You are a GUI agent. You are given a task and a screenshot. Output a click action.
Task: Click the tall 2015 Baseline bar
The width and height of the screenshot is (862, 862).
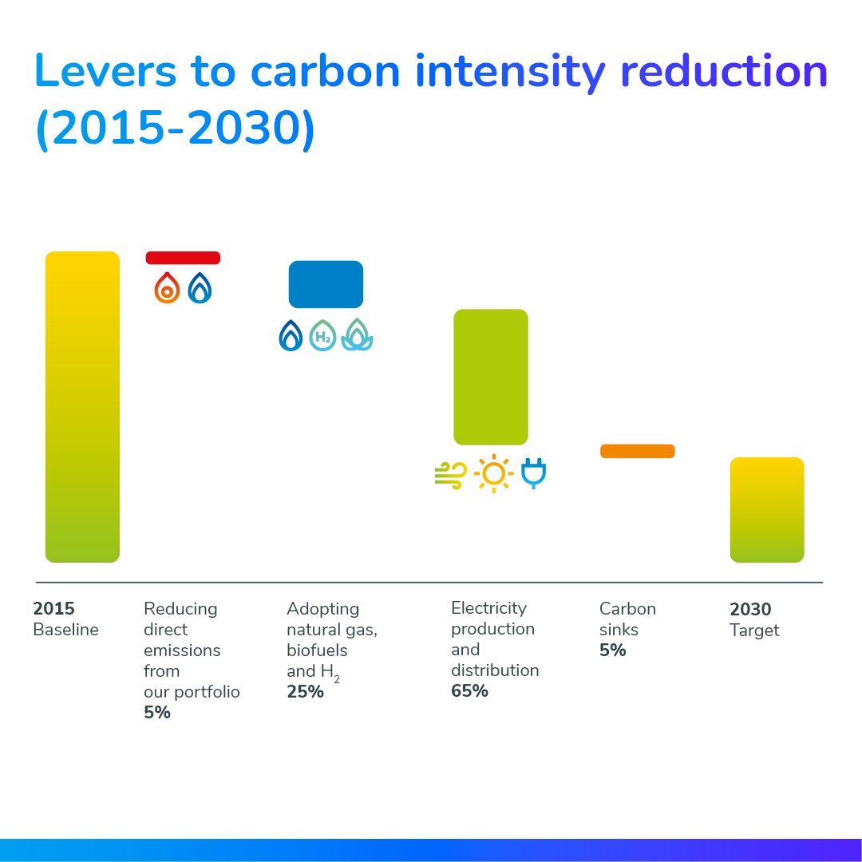click(82, 407)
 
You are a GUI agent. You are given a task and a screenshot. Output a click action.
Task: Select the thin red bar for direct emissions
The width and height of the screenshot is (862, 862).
click(183, 258)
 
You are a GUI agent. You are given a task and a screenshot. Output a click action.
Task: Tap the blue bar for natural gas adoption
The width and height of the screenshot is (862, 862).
click(326, 284)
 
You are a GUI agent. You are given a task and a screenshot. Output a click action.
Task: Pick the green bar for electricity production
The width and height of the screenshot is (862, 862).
click(491, 377)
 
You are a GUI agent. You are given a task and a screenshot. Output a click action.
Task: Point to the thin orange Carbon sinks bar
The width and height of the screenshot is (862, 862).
click(637, 451)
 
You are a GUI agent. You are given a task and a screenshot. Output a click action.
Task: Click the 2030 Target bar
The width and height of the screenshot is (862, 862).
click(767, 510)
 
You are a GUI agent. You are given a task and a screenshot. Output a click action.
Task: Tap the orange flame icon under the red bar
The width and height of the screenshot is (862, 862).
click(167, 288)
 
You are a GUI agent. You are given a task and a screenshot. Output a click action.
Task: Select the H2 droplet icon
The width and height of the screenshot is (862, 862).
click(322, 335)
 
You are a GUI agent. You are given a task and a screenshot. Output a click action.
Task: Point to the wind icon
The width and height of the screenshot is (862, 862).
click(450, 475)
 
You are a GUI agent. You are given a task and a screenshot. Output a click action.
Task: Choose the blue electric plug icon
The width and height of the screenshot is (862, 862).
click(533, 473)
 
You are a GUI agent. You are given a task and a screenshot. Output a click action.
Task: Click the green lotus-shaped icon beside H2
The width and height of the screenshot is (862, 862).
click(357, 335)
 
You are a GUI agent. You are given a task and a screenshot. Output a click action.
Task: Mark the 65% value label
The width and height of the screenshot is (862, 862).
click(469, 691)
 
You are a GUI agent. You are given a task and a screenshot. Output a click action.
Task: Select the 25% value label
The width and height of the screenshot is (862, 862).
click(305, 692)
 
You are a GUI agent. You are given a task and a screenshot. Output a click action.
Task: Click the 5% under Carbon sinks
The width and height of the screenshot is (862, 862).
click(612, 650)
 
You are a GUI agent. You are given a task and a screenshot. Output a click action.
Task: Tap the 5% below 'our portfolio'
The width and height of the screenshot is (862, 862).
click(157, 713)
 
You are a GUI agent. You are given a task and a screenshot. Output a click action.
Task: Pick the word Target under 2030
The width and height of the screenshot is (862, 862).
click(754, 631)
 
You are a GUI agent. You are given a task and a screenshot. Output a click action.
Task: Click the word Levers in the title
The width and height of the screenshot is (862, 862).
click(106, 72)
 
